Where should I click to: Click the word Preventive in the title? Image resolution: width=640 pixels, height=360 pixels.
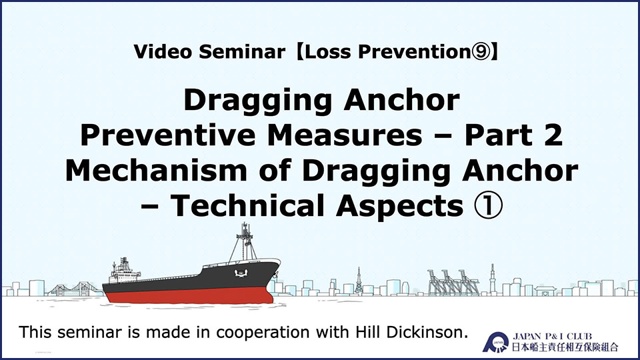click(168, 135)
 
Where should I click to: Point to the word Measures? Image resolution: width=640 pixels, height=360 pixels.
click(345, 135)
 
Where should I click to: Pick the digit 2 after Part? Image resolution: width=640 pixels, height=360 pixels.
click(553, 135)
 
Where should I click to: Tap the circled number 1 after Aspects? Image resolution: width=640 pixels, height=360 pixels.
click(488, 206)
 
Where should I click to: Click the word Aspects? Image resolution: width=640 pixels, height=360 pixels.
click(399, 207)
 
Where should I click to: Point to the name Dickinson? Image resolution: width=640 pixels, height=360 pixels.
click(427, 332)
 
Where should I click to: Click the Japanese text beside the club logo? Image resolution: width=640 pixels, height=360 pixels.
click(565, 347)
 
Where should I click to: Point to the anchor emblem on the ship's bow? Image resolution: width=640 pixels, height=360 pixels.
click(241, 273)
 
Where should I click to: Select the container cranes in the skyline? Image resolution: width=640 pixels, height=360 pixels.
click(453, 282)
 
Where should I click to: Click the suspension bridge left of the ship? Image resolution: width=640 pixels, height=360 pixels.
click(75, 288)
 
